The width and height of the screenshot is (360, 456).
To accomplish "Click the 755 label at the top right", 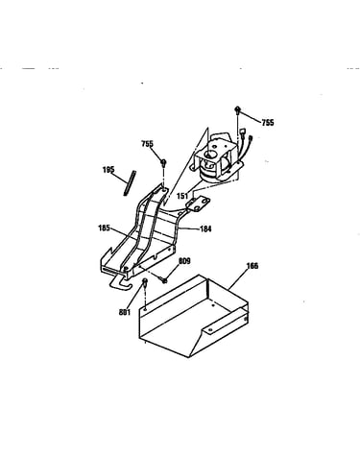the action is pyautogui.click(x=268, y=123).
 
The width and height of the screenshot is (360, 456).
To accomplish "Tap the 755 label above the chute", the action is pyautogui.click(x=147, y=144).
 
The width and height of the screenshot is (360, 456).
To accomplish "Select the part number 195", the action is pyautogui.click(x=108, y=170).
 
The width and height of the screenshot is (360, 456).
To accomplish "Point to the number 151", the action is pyautogui.click(x=182, y=195).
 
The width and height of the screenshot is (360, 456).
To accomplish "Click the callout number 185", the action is pyautogui.click(x=104, y=228).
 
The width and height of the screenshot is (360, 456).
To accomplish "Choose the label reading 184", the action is pyautogui.click(x=205, y=228).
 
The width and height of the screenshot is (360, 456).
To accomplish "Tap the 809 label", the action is pyautogui.click(x=184, y=261).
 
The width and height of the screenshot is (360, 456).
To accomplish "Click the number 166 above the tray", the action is pyautogui.click(x=252, y=266).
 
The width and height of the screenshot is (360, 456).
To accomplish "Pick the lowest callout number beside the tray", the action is pyautogui.click(x=125, y=312).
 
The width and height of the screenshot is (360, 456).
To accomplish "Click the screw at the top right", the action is pyautogui.click(x=238, y=109).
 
